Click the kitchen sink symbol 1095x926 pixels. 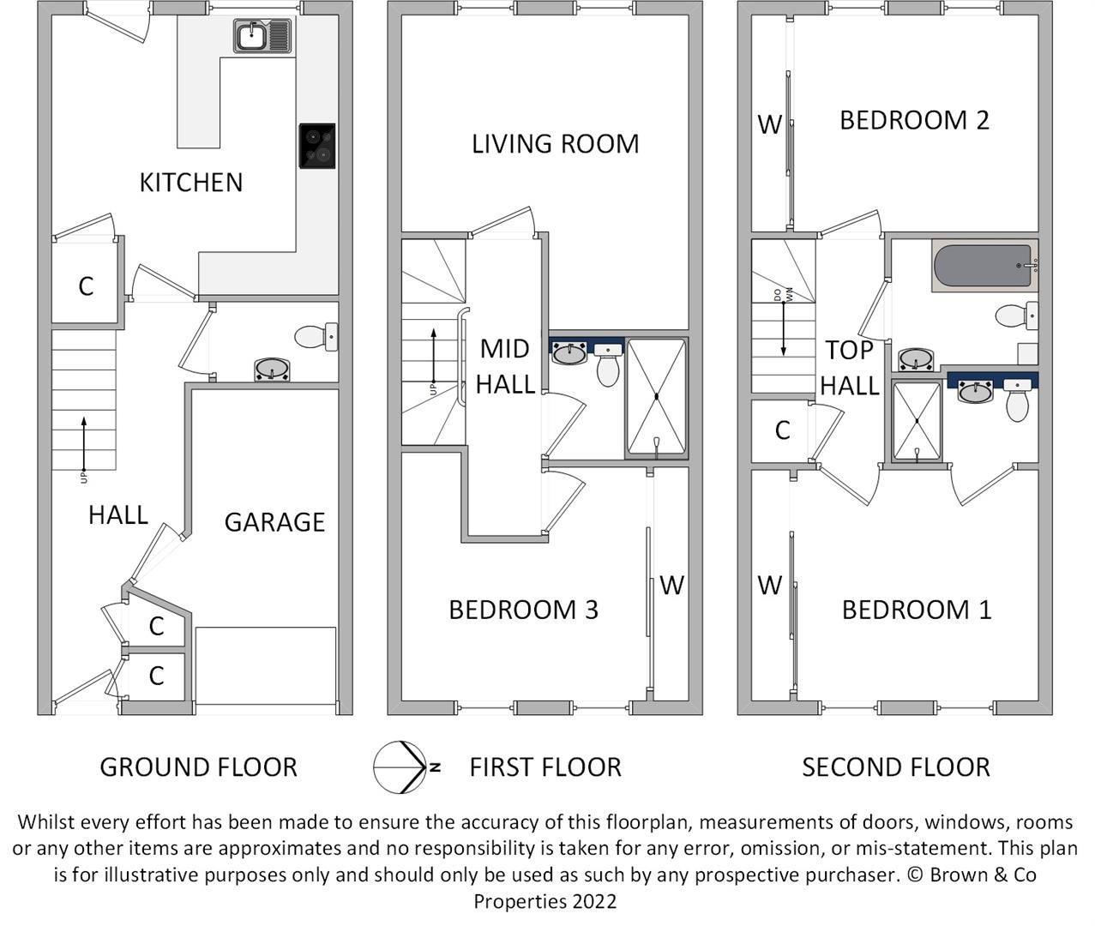pyautogui.click(x=262, y=36)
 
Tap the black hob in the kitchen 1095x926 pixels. pyautogui.click(x=317, y=146)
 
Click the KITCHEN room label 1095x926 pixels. pyautogui.click(x=191, y=182)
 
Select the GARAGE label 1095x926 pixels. pyautogui.click(x=274, y=522)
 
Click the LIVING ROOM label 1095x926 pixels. pyautogui.click(x=555, y=143)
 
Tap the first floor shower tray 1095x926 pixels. pyautogui.click(x=656, y=397)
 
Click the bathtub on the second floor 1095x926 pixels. pyautogui.click(x=984, y=267)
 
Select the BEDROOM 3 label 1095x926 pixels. pyautogui.click(x=523, y=610)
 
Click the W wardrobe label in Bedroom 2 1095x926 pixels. pyautogui.click(x=769, y=125)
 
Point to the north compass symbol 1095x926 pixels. pyautogui.click(x=401, y=767)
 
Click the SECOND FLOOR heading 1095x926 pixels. pyautogui.click(x=895, y=767)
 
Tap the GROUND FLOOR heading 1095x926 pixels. pyautogui.click(x=198, y=767)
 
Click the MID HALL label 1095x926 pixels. pyautogui.click(x=505, y=366)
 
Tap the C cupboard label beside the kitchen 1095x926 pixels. pyautogui.click(x=86, y=286)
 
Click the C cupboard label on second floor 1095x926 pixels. pyautogui.click(x=782, y=430)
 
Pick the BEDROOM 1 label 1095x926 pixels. pyautogui.click(x=916, y=610)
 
